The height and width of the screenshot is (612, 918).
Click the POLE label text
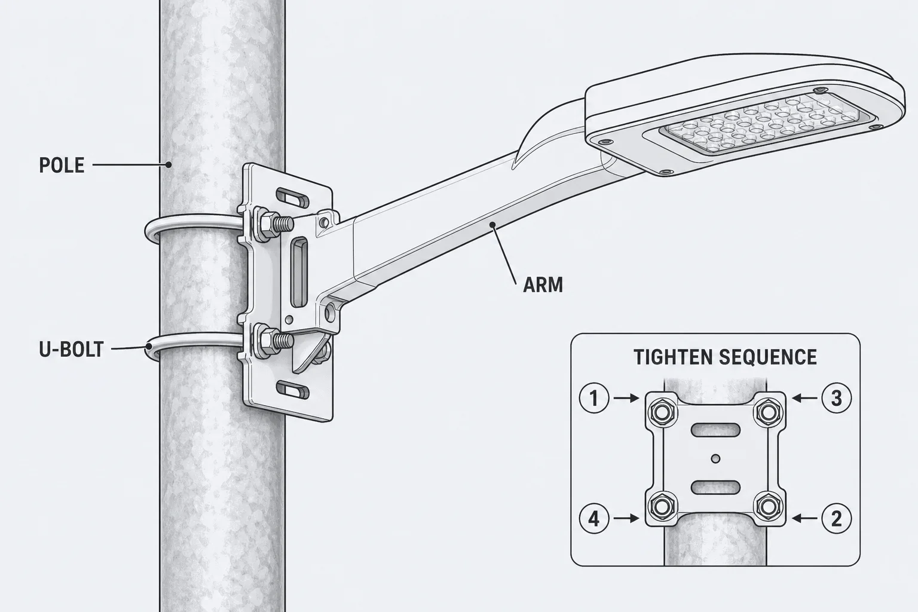click(x=62, y=165)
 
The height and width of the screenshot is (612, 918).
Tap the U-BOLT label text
click(x=71, y=350)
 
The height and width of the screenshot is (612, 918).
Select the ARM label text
click(x=543, y=285)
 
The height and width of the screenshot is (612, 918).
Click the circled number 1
click(x=594, y=398)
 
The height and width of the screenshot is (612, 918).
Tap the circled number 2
click(x=837, y=519)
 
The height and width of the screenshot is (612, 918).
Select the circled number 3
click(x=837, y=398)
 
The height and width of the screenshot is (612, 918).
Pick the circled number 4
click(x=594, y=519)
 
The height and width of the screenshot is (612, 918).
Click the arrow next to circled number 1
click(x=626, y=398)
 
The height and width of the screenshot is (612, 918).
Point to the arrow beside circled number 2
click(x=805, y=519)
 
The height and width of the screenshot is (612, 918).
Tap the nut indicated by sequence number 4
click(x=661, y=507)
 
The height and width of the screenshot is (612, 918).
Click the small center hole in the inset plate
click(x=716, y=458)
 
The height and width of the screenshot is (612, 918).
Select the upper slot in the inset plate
click(x=715, y=430)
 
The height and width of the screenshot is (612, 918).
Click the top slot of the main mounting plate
click(x=293, y=197)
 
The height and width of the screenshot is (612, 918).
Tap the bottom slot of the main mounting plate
click(x=293, y=390)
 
